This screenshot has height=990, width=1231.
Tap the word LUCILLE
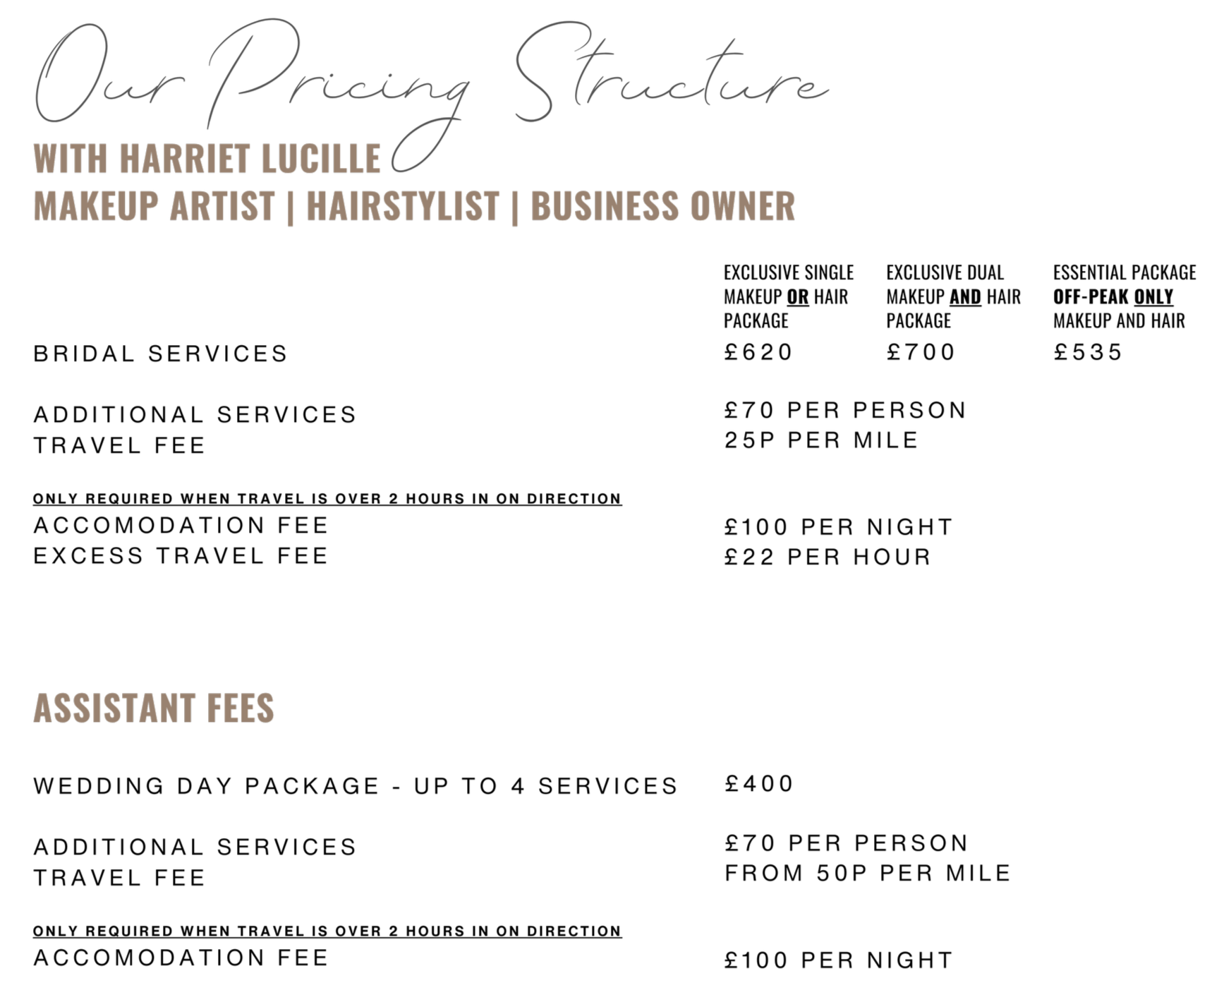(321, 159)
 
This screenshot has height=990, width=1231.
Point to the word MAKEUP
(96, 206)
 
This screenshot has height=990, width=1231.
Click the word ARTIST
(222, 206)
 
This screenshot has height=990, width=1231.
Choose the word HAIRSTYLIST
(403, 206)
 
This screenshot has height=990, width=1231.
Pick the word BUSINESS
(604, 206)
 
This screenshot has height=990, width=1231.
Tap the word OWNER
(743, 206)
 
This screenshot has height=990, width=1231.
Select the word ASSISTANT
(114, 708)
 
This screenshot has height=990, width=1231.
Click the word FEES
(241, 708)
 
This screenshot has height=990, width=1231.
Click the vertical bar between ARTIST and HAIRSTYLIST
(291, 207)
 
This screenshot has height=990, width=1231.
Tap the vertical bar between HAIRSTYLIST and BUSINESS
(515, 207)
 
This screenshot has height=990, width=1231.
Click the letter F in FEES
(214, 708)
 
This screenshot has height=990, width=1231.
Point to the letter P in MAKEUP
(150, 206)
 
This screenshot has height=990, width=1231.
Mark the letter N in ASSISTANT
(168, 708)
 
